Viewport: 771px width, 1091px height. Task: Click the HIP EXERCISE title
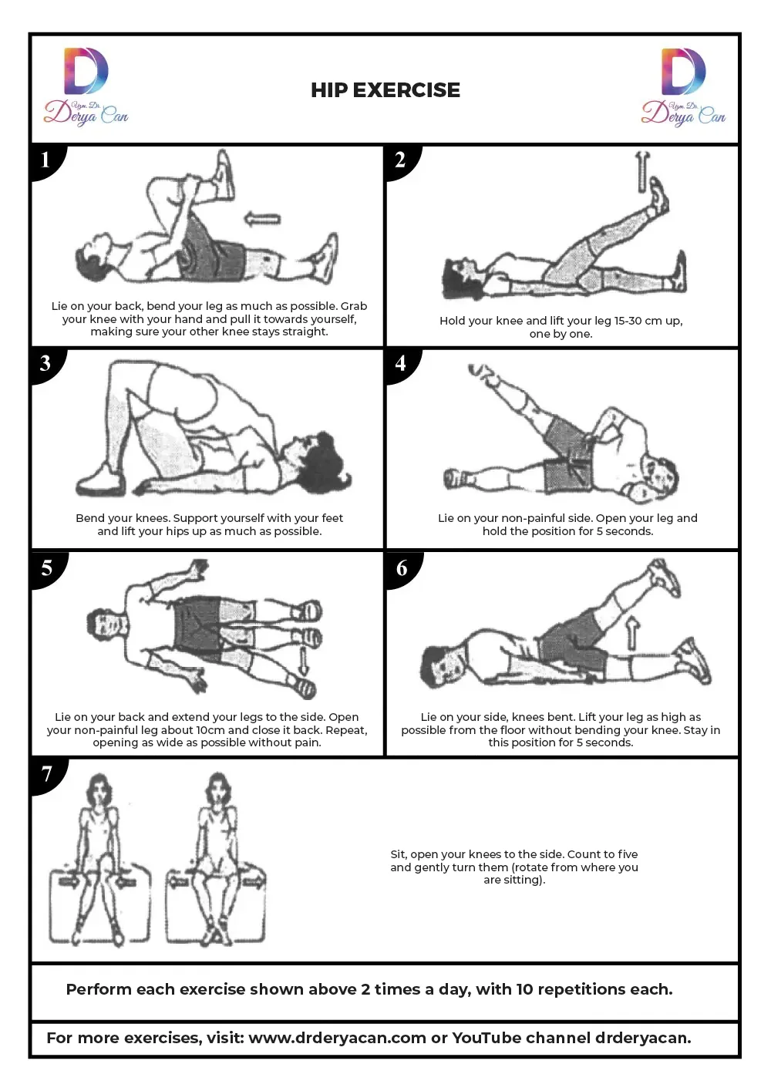385,90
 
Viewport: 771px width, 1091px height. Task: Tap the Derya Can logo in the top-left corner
86,86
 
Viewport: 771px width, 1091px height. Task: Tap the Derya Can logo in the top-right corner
683,86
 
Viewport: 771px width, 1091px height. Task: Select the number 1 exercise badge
47,161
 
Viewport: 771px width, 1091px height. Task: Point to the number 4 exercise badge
402,365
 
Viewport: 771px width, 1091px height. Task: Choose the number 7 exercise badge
47,774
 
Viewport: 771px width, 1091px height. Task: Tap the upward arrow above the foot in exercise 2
643,171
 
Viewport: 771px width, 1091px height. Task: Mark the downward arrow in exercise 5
304,661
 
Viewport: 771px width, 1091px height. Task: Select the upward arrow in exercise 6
632,633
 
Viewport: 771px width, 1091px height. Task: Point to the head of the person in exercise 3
317,458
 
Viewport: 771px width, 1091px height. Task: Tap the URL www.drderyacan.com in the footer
337,1038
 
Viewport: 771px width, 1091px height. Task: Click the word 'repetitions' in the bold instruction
581,989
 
